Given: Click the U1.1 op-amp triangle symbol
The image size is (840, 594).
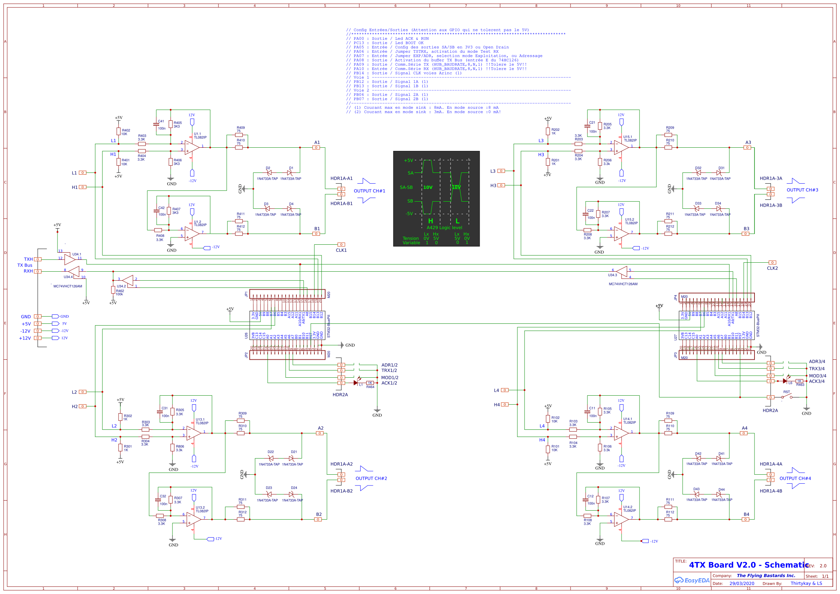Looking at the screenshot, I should [192, 147].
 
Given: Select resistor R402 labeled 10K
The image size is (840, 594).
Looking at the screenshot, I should [118, 132].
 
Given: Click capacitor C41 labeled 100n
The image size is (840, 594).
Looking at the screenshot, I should [156, 124].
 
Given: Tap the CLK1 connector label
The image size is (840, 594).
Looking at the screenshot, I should [341, 250].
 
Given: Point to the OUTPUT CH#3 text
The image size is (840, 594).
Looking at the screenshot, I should [802, 190].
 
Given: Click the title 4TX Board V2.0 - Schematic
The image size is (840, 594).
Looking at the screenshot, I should [748, 565].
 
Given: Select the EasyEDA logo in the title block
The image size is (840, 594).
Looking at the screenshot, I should [692, 580].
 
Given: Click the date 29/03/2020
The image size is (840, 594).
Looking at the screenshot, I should [742, 583].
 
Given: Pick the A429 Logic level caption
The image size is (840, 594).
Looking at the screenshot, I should [444, 227].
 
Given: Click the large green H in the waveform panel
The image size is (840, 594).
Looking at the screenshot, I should [430, 221].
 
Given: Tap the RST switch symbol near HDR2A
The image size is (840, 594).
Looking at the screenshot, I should [786, 396].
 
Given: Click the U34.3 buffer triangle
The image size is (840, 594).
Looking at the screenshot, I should [622, 272].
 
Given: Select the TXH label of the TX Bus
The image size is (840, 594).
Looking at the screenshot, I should [28, 259].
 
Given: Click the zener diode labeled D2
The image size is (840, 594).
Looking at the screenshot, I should [269, 172].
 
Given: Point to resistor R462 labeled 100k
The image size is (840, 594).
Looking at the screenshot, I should [113, 290].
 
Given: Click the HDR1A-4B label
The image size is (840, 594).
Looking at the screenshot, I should [771, 491].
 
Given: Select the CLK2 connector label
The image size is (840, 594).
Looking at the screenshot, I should [772, 268].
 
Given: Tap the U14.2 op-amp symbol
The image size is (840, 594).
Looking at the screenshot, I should [621, 519].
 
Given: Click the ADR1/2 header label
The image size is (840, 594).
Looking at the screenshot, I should [389, 365].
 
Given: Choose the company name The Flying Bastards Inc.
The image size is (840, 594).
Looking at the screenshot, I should [766, 575].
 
